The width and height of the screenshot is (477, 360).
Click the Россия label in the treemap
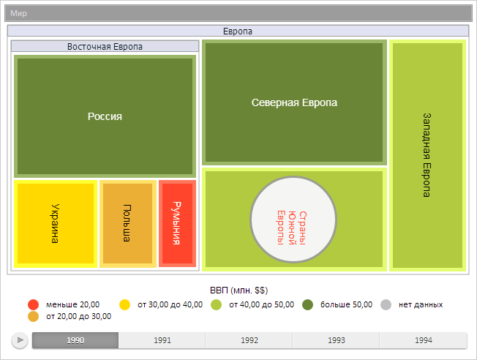tap(105, 116)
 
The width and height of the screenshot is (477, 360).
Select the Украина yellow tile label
tap(56, 222)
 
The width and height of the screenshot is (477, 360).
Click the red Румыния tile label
tap(176, 222)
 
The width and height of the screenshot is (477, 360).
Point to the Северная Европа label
tap(294, 103)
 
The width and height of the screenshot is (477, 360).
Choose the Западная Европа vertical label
tap(427, 154)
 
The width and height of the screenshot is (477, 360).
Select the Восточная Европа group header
tap(105, 46)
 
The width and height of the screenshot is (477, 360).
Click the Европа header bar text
tap(238, 31)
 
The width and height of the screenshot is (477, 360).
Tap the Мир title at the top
tap(18, 13)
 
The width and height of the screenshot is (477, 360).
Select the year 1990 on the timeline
tap(75, 340)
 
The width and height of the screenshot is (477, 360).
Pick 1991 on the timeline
tap(162, 340)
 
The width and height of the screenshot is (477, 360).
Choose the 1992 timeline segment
tap(249, 340)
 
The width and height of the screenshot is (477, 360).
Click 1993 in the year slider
tap(337, 340)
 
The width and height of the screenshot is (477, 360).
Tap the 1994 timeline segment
tap(423, 340)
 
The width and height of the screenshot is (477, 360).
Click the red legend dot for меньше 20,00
tap(33, 304)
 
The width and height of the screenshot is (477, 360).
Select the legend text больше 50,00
tap(347, 304)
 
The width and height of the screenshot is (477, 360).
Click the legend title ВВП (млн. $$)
tap(238, 290)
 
